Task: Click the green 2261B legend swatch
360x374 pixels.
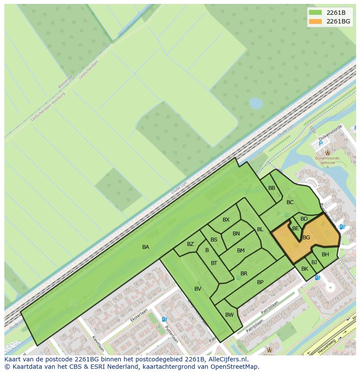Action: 315,12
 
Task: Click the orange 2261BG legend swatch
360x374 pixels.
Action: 315,21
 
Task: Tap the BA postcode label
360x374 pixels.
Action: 146,247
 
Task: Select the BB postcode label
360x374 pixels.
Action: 272,188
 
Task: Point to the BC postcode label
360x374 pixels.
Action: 290,202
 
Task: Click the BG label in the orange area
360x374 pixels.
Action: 306,238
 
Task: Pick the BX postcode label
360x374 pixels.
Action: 226,220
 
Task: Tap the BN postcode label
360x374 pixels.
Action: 236,234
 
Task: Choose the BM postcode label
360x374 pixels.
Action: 241,251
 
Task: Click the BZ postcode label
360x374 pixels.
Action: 190,244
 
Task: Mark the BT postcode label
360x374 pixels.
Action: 214,263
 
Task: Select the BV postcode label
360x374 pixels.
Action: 198,289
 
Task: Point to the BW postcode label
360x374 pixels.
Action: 230,315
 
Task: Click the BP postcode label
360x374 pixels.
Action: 260,282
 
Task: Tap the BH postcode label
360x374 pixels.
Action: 325,255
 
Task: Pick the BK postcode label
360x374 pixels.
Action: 305,269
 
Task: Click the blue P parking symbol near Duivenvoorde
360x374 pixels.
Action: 321,144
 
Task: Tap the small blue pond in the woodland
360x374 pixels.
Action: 256,103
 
